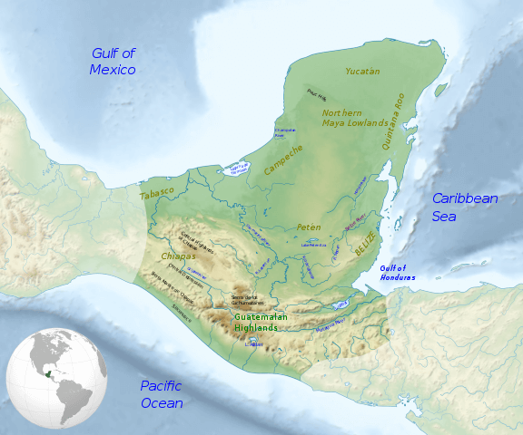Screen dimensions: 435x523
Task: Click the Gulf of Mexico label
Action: [113, 62]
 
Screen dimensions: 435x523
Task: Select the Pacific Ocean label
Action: [163, 394]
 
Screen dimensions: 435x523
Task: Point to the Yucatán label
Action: [362, 71]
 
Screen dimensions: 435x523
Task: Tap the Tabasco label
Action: [156, 193]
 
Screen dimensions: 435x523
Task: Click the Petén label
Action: [309, 227]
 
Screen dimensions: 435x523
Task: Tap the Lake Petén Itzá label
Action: [313, 244]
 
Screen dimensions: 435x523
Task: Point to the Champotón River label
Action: [285, 133]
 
